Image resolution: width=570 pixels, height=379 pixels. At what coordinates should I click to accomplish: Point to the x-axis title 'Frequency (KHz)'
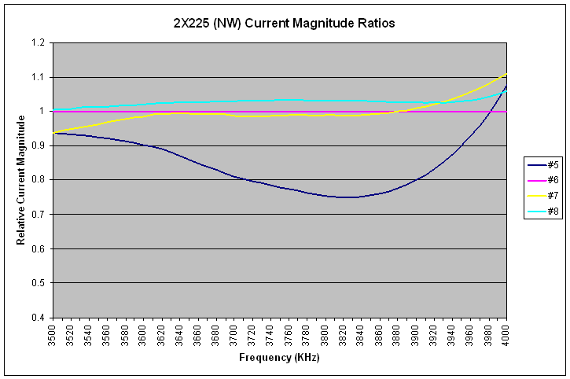(278, 359)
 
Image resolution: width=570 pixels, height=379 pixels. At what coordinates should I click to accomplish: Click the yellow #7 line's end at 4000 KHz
(506, 74)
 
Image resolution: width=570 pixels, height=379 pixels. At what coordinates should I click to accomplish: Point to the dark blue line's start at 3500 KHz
(53, 133)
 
